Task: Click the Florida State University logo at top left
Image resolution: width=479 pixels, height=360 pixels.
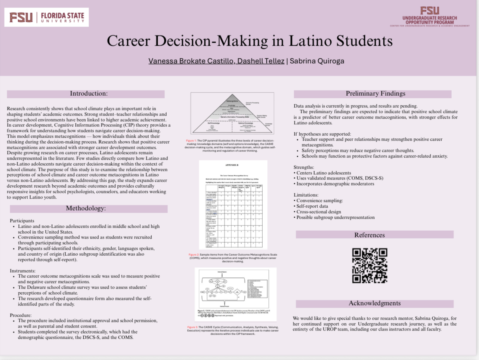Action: coord(46,17)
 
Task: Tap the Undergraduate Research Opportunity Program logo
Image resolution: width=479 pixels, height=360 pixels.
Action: coord(429,17)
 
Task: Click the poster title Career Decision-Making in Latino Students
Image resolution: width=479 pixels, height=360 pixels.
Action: coord(250,41)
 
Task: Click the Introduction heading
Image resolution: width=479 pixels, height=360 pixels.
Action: coord(89,93)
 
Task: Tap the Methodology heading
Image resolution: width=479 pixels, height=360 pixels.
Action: coord(86,208)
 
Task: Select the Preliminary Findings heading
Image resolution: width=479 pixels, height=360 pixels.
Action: coord(375,93)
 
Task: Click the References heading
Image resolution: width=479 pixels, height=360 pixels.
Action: coord(369,235)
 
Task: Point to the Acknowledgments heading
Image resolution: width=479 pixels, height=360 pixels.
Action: coord(374,303)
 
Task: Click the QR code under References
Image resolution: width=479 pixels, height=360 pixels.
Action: coord(370,265)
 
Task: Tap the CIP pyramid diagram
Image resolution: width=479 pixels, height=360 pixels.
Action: coord(232,113)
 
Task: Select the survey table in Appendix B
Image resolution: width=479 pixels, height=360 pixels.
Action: coord(233,215)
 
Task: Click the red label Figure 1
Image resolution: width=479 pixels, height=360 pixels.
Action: coord(191,141)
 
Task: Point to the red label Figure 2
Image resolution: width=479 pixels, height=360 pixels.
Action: coord(194,255)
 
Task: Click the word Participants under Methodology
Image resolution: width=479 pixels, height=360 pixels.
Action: coord(22,221)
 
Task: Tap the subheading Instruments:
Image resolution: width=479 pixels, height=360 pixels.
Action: coord(22,271)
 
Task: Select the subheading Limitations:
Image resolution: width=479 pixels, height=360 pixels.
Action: coord(306,195)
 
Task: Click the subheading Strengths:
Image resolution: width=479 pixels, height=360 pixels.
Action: coord(304,167)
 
